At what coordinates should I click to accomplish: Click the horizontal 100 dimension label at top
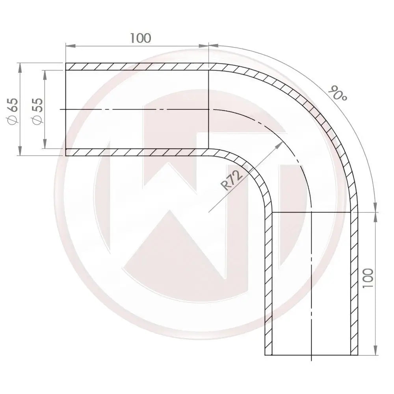[140, 38]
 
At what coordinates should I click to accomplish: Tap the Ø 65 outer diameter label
[13, 111]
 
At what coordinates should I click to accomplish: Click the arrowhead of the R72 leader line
[280, 145]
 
